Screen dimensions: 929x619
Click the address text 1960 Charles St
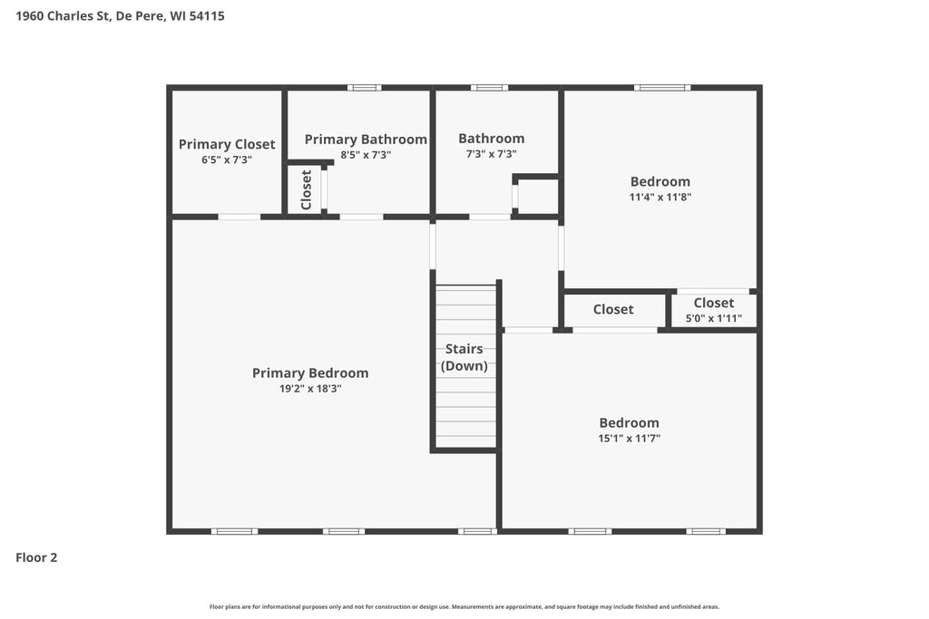pyautogui.click(x=63, y=16)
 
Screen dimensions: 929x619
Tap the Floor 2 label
pyautogui.click(x=36, y=557)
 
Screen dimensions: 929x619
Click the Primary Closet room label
pyautogui.click(x=227, y=144)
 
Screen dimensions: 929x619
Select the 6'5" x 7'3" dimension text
pyautogui.click(x=227, y=160)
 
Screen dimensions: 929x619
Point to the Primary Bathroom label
pyautogui.click(x=366, y=140)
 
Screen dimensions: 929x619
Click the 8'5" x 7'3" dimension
pyautogui.click(x=366, y=155)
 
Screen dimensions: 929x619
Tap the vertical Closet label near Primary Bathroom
pyautogui.click(x=307, y=190)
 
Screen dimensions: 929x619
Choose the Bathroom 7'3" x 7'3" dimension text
pyautogui.click(x=491, y=154)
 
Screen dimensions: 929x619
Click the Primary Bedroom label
pyautogui.click(x=310, y=373)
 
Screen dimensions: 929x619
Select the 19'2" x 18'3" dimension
pyautogui.click(x=310, y=389)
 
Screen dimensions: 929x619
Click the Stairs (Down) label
pyautogui.click(x=464, y=357)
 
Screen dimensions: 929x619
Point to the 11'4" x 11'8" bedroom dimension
pyautogui.click(x=660, y=197)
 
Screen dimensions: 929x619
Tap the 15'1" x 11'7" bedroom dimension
pyautogui.click(x=630, y=439)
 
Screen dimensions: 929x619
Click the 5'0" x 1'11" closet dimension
pyautogui.click(x=714, y=318)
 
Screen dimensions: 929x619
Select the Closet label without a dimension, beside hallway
pyautogui.click(x=613, y=310)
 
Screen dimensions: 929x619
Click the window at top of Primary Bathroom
pyautogui.click(x=365, y=88)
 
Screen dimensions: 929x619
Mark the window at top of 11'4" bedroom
pyautogui.click(x=662, y=88)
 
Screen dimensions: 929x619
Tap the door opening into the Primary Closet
pyautogui.click(x=240, y=218)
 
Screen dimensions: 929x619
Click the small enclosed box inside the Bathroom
pyautogui.click(x=536, y=196)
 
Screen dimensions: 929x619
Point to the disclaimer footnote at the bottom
pyautogui.click(x=464, y=606)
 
